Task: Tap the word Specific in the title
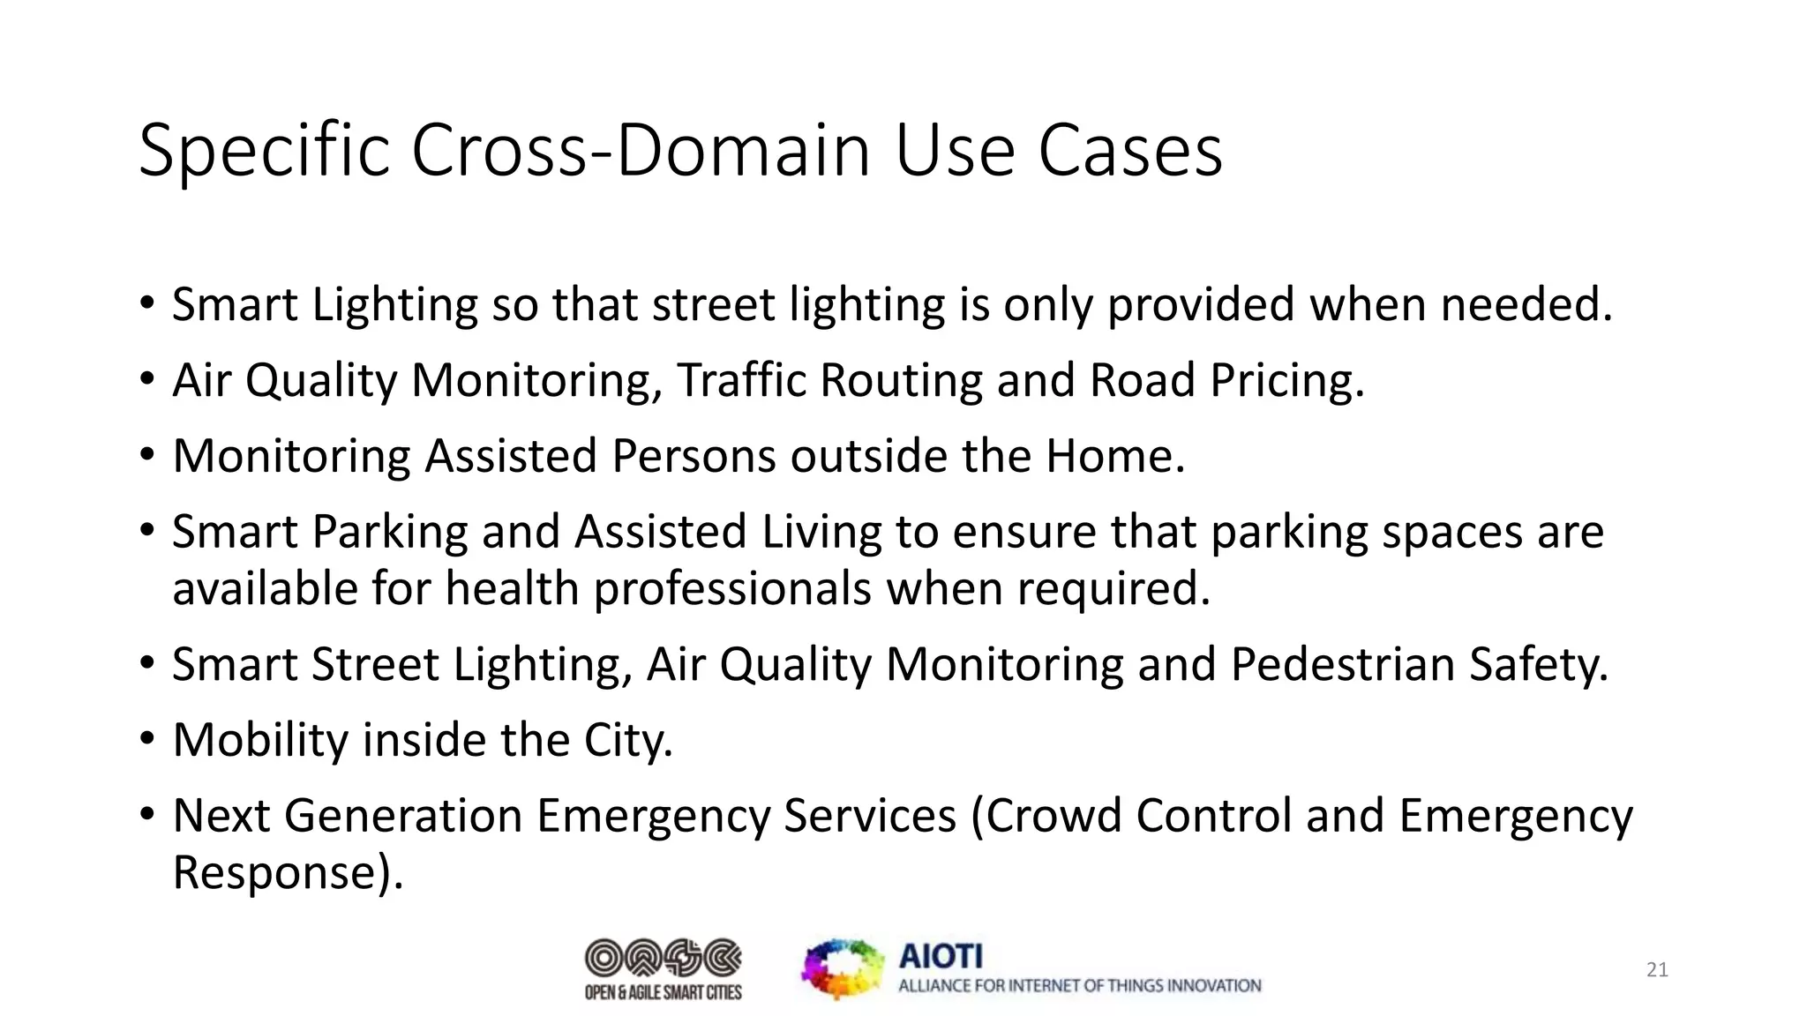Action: (263, 152)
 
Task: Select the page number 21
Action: (1657, 970)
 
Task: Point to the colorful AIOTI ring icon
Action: (843, 968)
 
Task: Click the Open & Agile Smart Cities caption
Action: (664, 993)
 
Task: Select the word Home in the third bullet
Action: (1113, 457)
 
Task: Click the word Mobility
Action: (260, 741)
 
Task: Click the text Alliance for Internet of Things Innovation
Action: (1079, 986)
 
